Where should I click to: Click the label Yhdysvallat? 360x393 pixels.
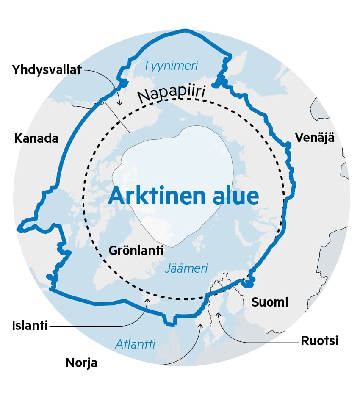pos(47,69)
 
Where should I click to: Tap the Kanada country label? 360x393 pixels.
pos(36,138)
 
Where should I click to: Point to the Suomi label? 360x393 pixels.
pos(270,302)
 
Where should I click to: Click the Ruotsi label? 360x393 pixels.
pos(319,340)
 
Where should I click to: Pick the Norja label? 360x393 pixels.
pos(81,363)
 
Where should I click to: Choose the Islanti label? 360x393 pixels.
pos(30,326)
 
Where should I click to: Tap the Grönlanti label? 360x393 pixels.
pos(136,250)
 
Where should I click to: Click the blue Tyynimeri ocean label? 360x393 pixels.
pos(171,66)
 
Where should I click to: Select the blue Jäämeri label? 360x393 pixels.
pos(186,268)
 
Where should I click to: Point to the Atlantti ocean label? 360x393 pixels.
pos(136,344)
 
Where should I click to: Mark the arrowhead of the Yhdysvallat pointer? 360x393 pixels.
pos(119,103)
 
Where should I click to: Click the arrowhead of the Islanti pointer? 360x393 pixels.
pos(148,300)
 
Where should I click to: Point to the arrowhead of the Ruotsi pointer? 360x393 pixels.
pos(218,313)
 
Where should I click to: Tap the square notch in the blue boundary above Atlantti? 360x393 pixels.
pos(170,320)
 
